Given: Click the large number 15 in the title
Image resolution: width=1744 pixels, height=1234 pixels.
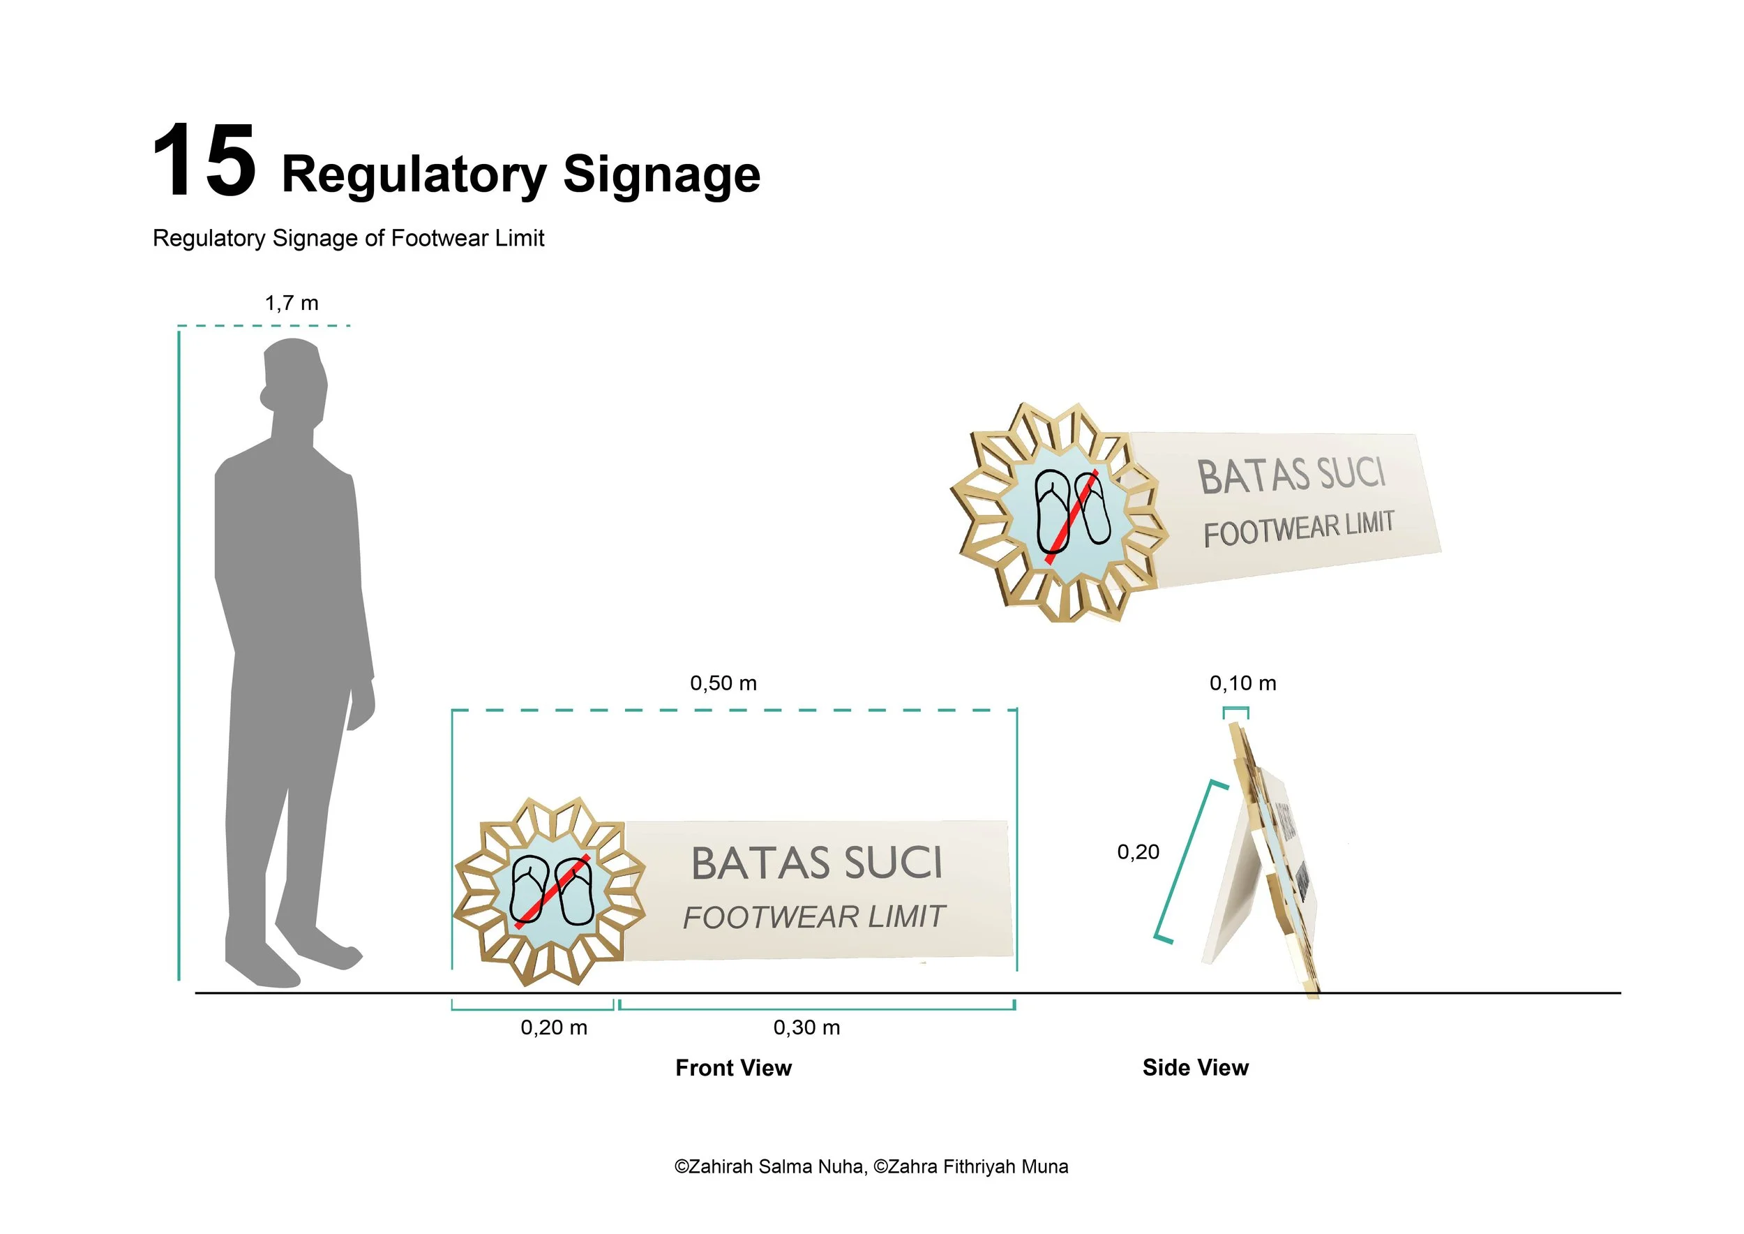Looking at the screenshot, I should point(204,162).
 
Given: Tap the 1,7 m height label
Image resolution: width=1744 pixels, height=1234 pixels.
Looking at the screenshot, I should point(292,303).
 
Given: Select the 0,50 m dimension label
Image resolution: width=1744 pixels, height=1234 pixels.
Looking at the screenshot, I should point(723,683).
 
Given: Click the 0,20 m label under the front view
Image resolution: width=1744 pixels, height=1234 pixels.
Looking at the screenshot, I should point(554,1027).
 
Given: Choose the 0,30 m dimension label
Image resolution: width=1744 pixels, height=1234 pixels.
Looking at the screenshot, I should point(806,1027).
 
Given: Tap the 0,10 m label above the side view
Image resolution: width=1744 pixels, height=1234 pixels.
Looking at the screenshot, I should point(1242,683).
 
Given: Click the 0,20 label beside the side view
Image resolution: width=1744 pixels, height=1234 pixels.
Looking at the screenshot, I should point(1138,852).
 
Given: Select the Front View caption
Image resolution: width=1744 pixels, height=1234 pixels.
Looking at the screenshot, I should point(734,1068).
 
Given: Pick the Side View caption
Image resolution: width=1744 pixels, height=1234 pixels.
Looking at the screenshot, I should point(1196,1068).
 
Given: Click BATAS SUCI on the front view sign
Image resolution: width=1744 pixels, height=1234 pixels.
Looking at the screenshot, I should point(817,863).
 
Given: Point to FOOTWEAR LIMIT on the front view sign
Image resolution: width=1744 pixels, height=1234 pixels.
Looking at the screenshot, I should point(813,917).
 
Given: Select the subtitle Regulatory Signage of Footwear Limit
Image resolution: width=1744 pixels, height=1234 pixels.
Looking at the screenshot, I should point(349,239).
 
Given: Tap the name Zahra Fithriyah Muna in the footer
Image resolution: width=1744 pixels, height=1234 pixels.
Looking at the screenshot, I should point(977,1166).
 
